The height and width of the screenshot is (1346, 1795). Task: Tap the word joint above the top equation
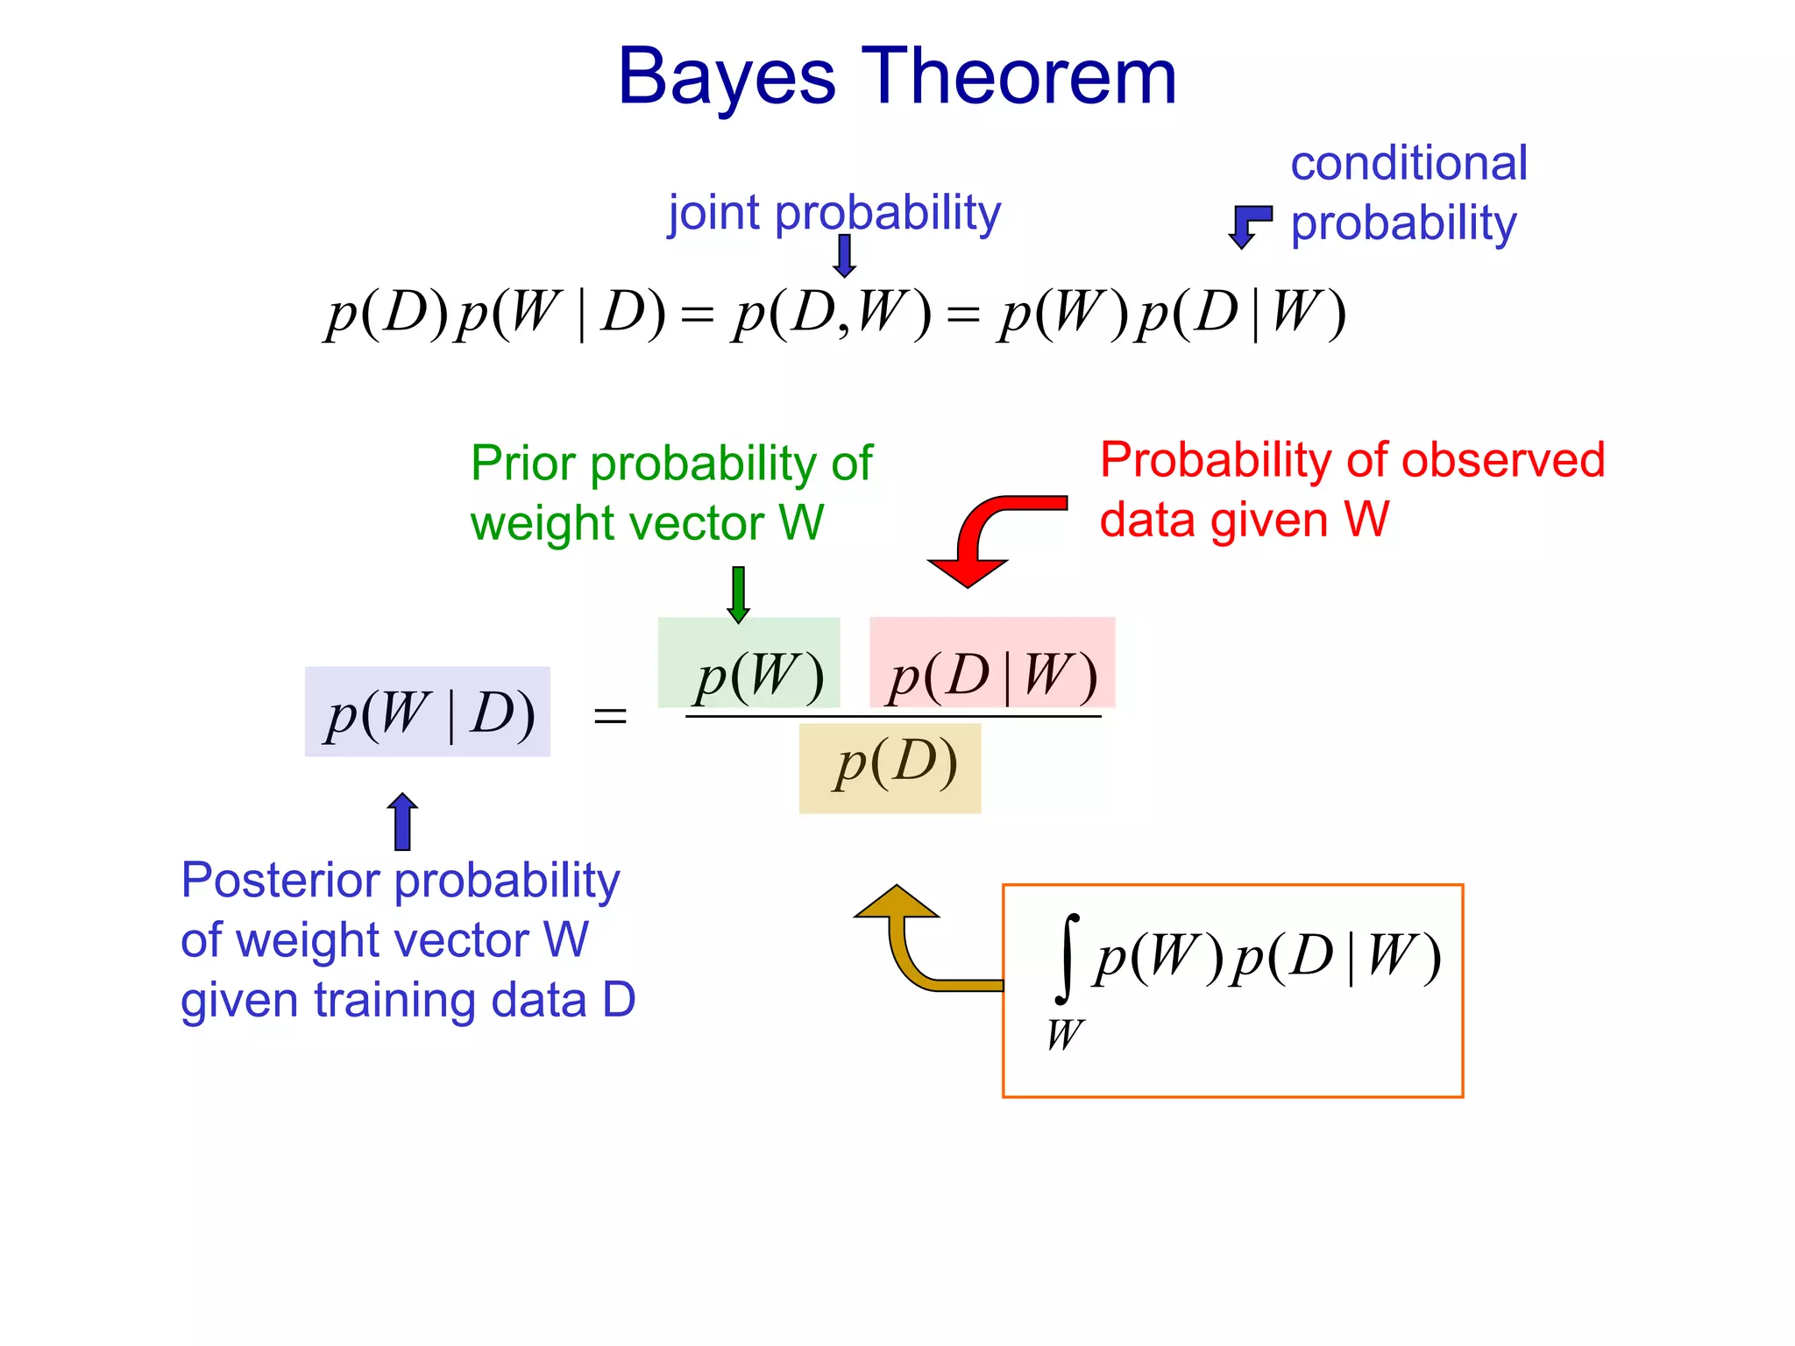point(713,213)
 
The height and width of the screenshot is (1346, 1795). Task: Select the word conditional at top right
point(1408,164)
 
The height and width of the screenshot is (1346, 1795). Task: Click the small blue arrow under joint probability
point(844,256)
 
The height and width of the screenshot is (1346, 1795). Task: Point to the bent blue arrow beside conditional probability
point(1248,225)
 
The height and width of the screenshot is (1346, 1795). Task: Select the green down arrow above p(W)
point(738,594)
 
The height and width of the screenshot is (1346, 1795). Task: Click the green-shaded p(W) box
point(749,663)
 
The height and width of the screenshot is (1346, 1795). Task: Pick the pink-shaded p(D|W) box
point(992,663)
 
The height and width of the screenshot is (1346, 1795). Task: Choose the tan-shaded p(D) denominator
point(890,769)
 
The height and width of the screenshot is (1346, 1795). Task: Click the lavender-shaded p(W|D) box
point(428,712)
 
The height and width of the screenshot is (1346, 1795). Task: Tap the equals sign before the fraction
point(610,716)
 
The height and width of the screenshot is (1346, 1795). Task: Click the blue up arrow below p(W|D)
point(402,822)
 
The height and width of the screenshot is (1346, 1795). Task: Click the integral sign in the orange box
point(1066,958)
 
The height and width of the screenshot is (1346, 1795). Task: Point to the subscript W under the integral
point(1065,1035)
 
